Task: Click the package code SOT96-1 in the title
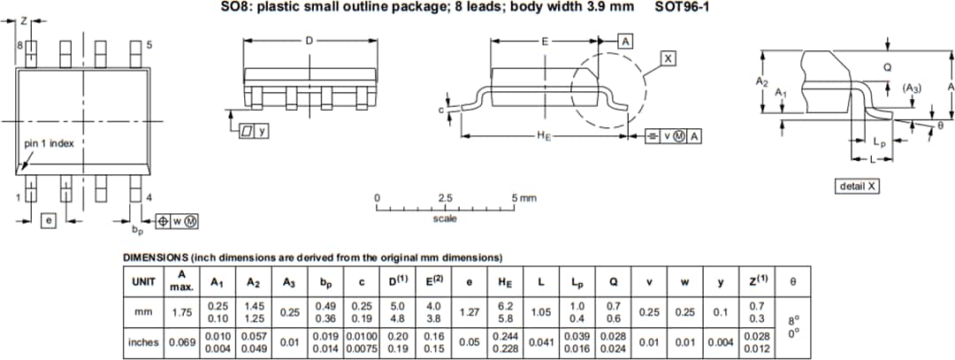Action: pos(682,7)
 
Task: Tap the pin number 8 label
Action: pos(19,45)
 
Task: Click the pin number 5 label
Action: pos(149,45)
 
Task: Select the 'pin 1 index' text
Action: pos(49,143)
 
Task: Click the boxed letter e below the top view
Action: pos(50,219)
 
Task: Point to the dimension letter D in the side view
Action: pos(309,41)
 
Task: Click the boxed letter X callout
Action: pos(668,58)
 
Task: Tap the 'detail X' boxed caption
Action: pos(857,186)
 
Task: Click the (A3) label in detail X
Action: pos(912,88)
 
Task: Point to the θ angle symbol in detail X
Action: pos(940,126)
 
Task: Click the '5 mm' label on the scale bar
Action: pos(523,197)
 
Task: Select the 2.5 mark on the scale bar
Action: pos(446,197)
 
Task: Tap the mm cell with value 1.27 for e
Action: pos(469,311)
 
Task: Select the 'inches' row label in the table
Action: pos(143,341)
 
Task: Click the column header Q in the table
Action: pos(613,282)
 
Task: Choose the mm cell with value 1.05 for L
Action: pos(540,311)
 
